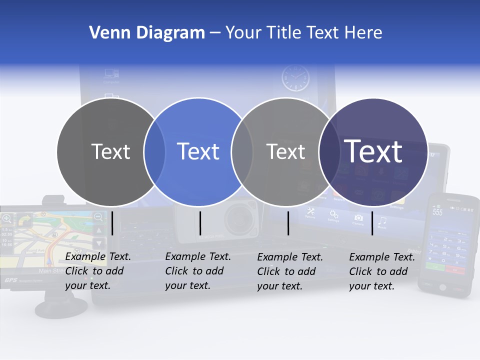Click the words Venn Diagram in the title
(146, 33)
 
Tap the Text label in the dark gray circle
(110, 151)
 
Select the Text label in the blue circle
(198, 151)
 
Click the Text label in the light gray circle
(285, 151)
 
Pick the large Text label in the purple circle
(373, 151)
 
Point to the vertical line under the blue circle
(200, 223)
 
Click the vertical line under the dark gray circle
(112, 223)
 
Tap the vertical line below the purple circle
(372, 223)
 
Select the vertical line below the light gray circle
(288, 223)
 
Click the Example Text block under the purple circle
(381, 271)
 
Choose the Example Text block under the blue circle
(197, 271)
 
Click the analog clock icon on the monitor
(295, 78)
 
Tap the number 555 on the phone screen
(437, 212)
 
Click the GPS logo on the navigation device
(10, 280)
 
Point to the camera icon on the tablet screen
(358, 218)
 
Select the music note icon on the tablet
(382, 220)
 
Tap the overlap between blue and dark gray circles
(154, 151)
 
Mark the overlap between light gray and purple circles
(327, 151)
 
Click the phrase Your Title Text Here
(303, 33)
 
